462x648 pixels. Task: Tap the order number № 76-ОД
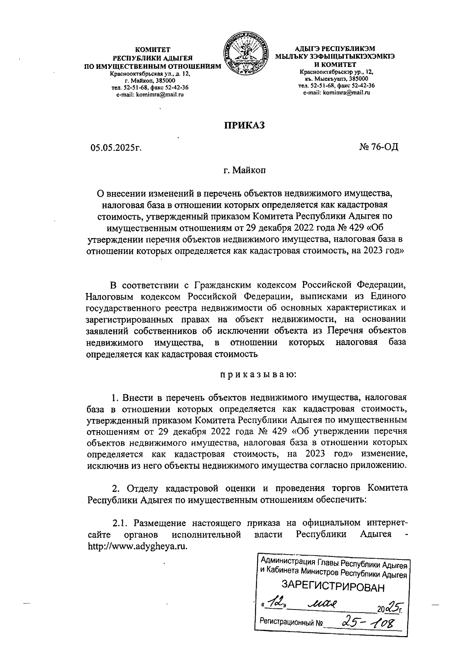coord(378,147)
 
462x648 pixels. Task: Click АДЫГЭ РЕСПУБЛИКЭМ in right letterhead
coord(334,49)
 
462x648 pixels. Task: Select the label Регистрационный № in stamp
coord(291,621)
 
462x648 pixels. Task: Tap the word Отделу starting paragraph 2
coord(143,489)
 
